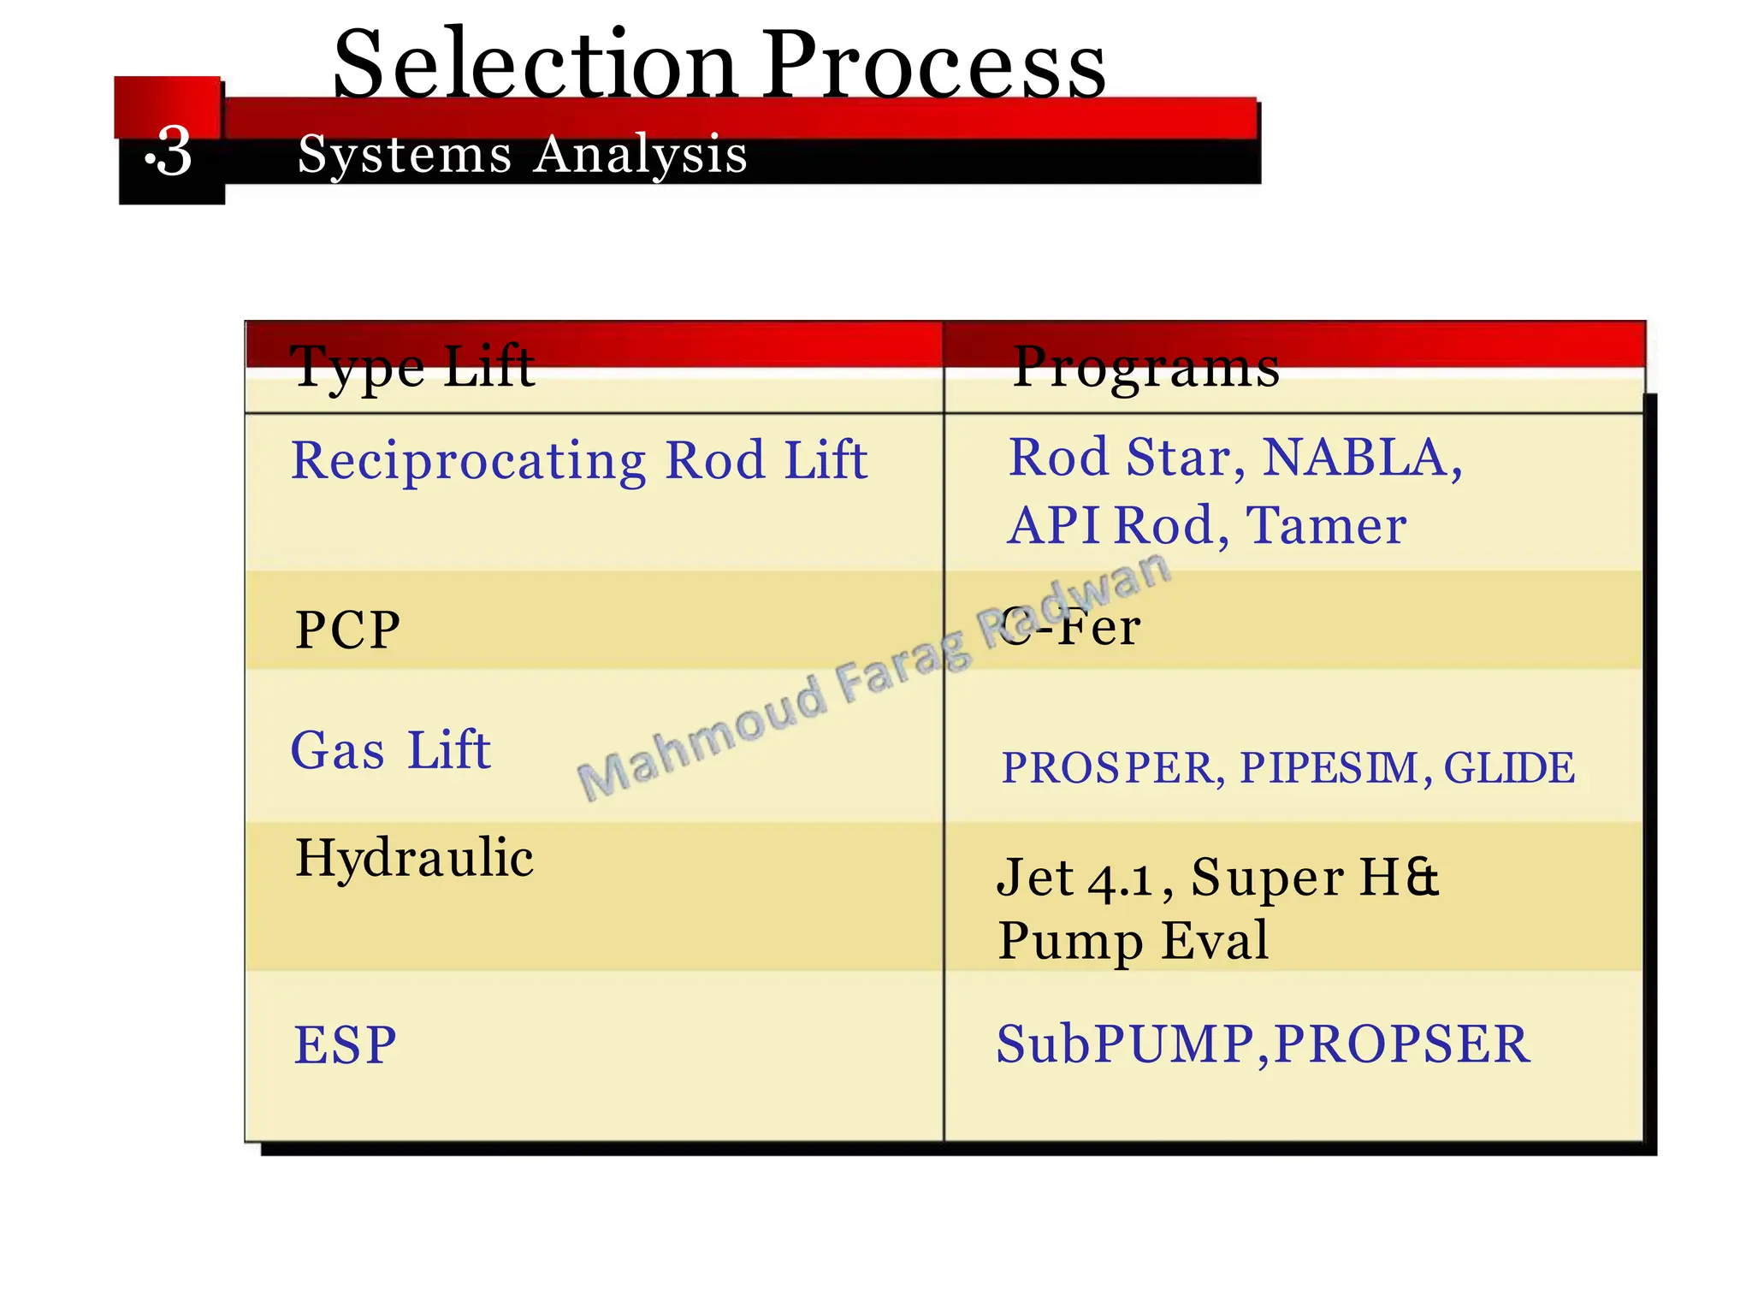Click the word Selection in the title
[x=535, y=65]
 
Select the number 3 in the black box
[x=174, y=152]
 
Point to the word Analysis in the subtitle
[x=641, y=155]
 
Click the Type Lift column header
[x=412, y=367]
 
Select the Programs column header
[x=1145, y=367]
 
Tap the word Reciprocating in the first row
[x=468, y=461]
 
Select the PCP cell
[x=347, y=630]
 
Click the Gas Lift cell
[x=391, y=750]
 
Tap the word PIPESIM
[x=1329, y=767]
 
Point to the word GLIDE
[x=1509, y=767]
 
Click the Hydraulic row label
[x=414, y=857]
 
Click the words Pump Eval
[x=1133, y=940]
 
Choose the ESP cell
[x=345, y=1044]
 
